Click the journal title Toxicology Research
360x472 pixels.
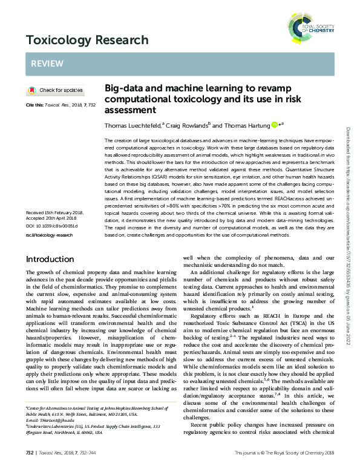[x=87, y=40]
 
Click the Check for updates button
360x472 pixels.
[x=55, y=90]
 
